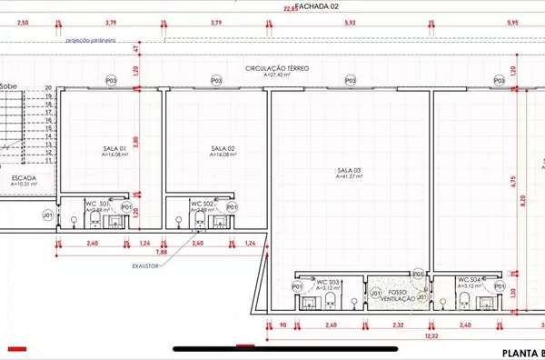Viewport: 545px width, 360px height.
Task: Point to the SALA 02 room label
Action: pos(223,148)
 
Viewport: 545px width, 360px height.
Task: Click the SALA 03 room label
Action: pos(350,171)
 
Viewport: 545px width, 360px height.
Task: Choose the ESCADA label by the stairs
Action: pos(25,178)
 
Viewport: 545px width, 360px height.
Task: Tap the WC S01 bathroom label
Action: pos(98,203)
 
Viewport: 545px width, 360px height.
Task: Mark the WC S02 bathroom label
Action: pos(202,203)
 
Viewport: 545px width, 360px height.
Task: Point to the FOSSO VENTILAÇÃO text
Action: pos(397,295)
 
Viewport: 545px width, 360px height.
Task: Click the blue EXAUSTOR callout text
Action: pos(145,266)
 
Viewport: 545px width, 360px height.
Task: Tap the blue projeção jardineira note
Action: pos(91,41)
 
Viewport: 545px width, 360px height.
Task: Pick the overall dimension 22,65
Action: pos(290,9)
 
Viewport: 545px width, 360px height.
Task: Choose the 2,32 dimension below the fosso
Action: pos(397,325)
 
